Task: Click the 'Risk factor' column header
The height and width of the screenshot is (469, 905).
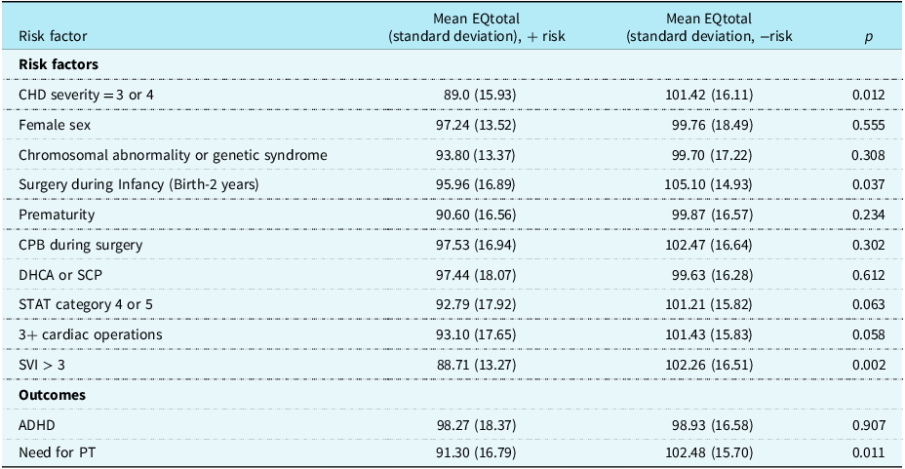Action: coord(53,36)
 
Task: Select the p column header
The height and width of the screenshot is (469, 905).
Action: coord(868,37)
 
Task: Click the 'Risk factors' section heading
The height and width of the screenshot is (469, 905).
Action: coord(59,64)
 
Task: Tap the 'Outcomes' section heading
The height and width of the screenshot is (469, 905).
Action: coord(52,395)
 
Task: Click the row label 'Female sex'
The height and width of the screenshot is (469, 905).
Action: coord(55,125)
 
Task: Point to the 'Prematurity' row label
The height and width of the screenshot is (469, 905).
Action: coord(57,215)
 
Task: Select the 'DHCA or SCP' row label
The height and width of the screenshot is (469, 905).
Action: coord(60,275)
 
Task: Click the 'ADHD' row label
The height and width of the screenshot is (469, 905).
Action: coord(37,425)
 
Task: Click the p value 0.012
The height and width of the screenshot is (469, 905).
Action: coord(868,95)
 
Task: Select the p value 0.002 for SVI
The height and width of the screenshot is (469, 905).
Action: coord(868,366)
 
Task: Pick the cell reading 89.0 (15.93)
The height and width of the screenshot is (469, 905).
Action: coord(480,95)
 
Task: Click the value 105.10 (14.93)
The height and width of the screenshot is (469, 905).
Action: coord(709,184)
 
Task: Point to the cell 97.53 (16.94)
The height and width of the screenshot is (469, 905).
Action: coord(476,245)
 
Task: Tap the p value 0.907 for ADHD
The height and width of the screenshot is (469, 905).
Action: coord(868,425)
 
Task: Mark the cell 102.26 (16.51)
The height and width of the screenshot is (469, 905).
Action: coord(709,366)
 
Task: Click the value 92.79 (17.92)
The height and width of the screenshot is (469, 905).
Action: coord(476,304)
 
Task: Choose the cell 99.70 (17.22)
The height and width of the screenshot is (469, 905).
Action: coord(712,155)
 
